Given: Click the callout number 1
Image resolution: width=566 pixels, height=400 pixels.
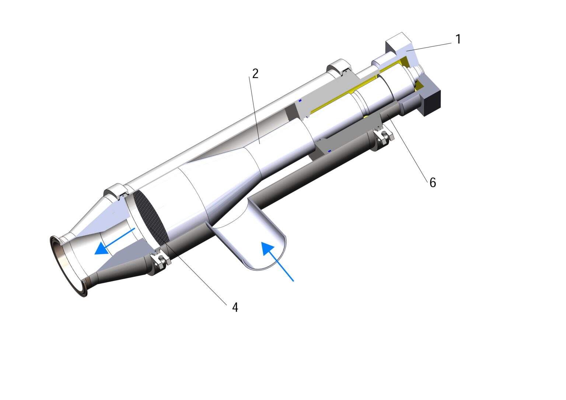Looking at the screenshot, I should click(458, 39).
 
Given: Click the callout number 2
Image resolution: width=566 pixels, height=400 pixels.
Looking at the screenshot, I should click(255, 73).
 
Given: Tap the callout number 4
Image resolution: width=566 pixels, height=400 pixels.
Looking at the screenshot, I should click(235, 307).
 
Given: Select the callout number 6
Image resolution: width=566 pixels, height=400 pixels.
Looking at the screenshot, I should click(433, 182).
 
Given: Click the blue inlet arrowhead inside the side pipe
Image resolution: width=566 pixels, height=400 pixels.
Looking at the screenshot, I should click(268, 248).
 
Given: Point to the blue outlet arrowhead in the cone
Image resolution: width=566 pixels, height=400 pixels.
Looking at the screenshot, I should click(101, 249).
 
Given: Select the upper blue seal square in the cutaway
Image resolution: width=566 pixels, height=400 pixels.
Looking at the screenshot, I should click(300, 100).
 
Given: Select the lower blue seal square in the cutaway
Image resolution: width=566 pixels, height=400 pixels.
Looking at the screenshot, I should click(329, 150).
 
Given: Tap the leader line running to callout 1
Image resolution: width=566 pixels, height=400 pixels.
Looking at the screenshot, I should click(431, 46).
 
